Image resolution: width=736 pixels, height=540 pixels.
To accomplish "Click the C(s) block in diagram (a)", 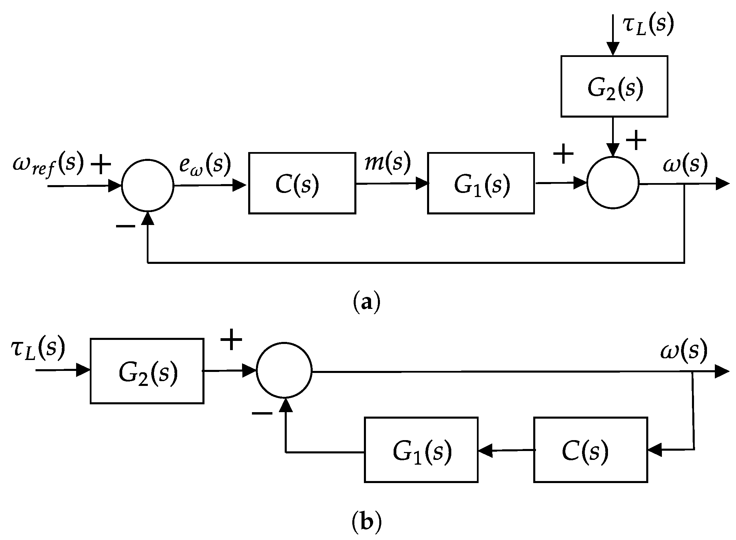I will click(302, 183).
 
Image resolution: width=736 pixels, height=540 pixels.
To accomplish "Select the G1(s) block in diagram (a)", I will click(481, 183).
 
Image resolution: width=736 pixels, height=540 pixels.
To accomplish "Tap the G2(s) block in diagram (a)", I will click(614, 86).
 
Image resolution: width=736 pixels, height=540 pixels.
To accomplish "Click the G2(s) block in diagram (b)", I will click(147, 371).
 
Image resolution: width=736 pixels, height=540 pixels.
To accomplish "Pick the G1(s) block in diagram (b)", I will click(421, 449).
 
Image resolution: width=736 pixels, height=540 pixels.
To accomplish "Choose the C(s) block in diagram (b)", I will click(590, 449).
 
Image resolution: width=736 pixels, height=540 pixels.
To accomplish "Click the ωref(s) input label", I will click(48, 164).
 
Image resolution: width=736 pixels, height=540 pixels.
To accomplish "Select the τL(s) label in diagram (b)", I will click(38, 350).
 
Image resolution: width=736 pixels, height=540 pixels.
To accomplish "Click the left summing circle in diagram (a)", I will click(148, 185).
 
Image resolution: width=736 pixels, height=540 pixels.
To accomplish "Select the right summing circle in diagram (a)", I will click(613, 183).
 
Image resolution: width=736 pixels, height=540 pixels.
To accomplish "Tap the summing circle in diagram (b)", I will click(284, 370).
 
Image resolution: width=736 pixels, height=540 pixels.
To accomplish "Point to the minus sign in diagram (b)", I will click(262, 414).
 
